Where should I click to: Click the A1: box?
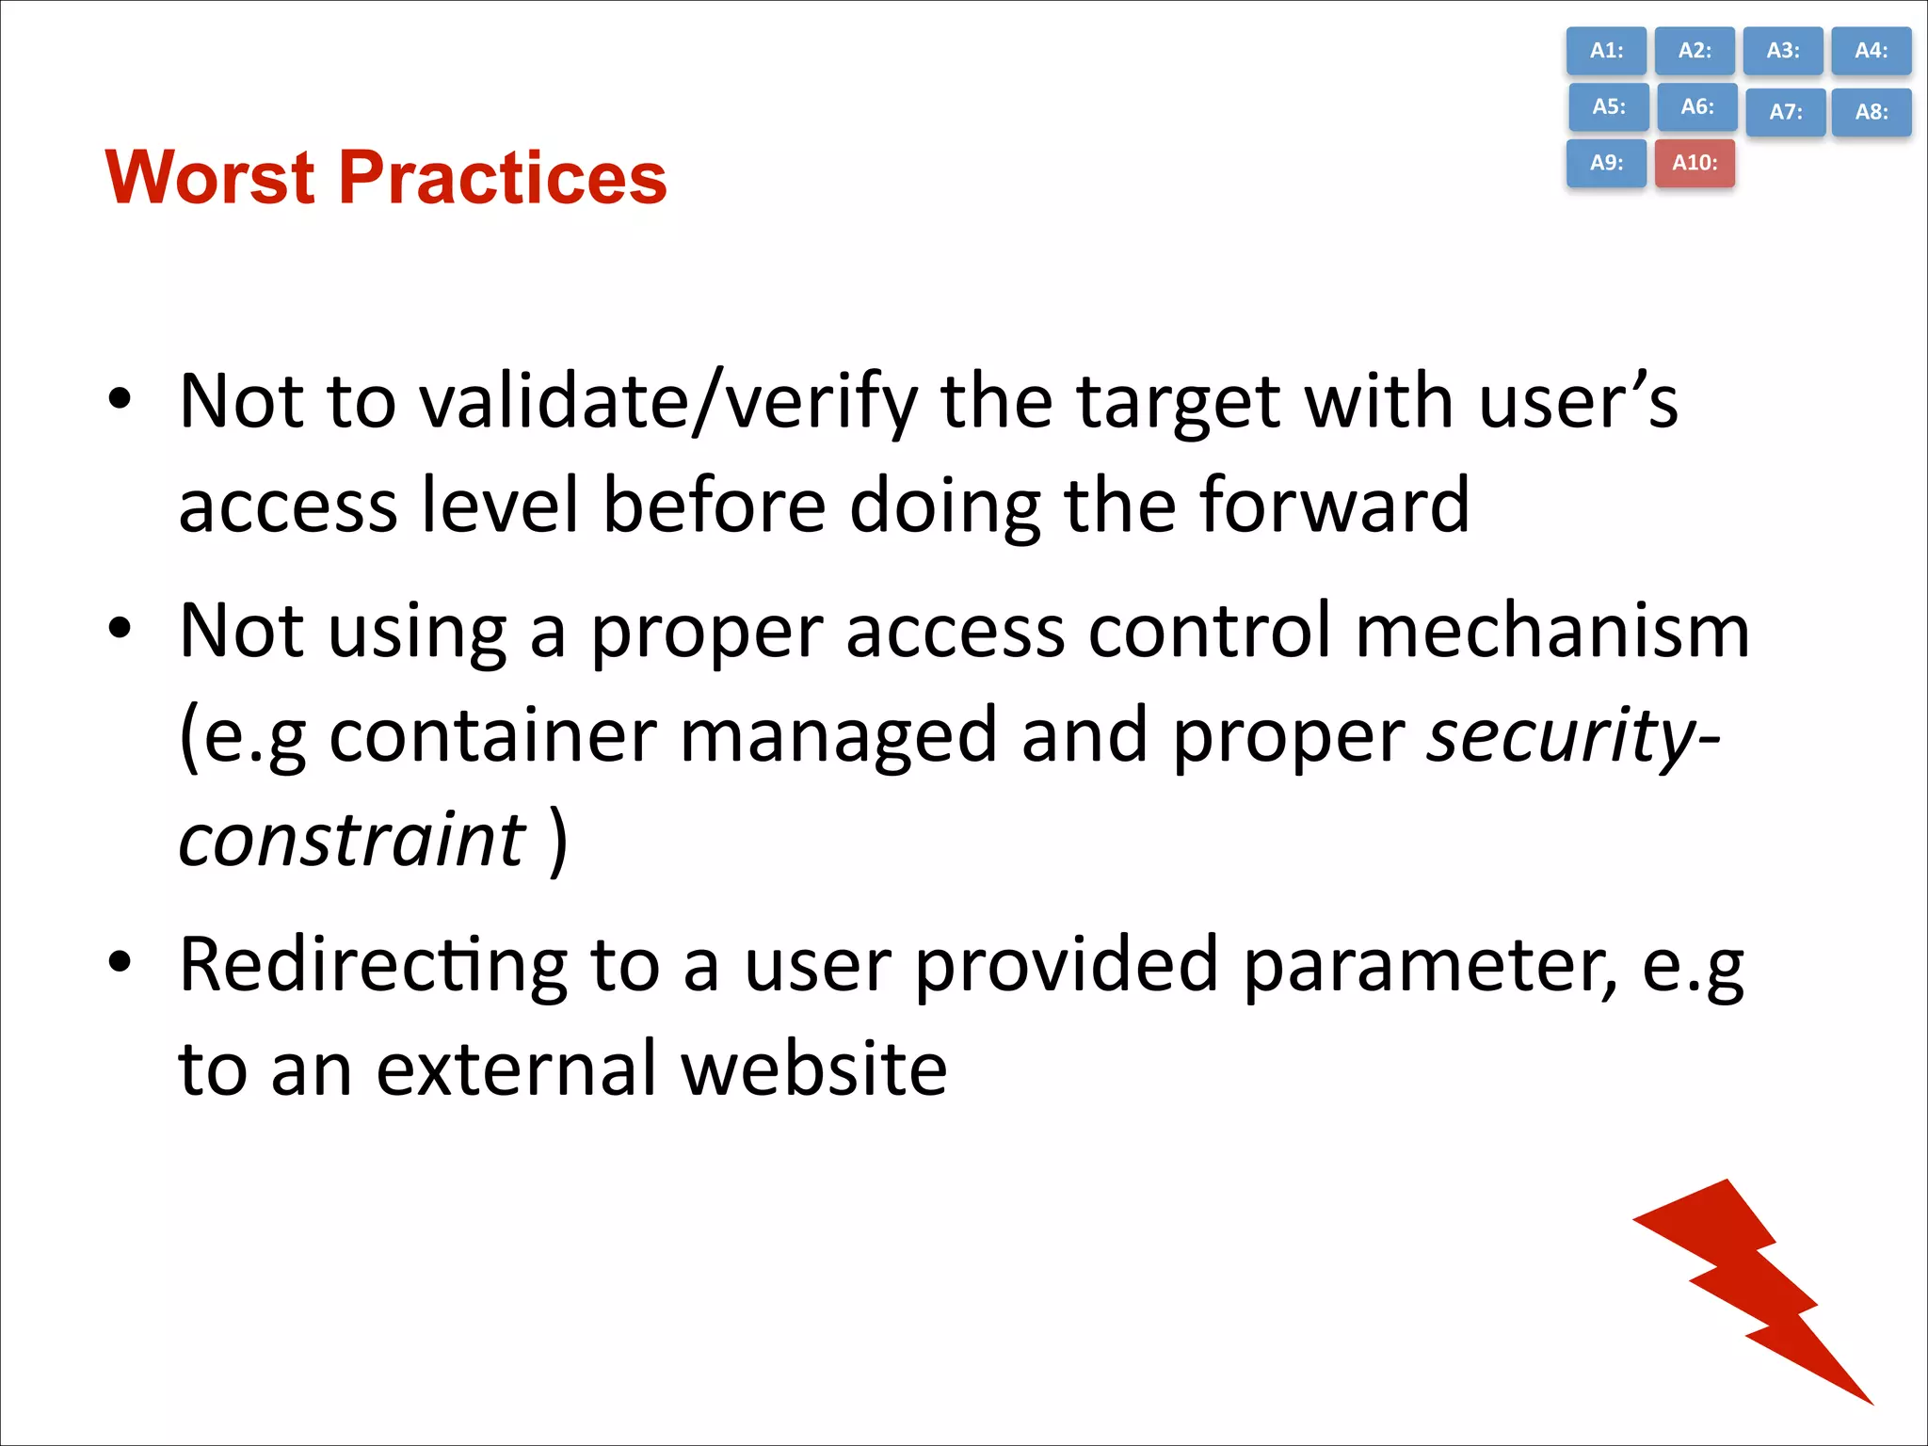click(x=1606, y=51)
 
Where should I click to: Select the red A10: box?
click(x=1695, y=163)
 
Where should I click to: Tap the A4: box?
click(x=1871, y=51)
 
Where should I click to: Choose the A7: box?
click(x=1785, y=112)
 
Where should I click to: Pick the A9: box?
click(x=1606, y=163)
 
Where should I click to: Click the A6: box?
click(x=1696, y=106)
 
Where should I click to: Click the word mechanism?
click(x=1552, y=631)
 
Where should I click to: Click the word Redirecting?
click(x=373, y=966)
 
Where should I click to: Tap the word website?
click(x=813, y=1069)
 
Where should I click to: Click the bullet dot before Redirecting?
click(x=120, y=962)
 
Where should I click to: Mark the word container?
click(x=492, y=736)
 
